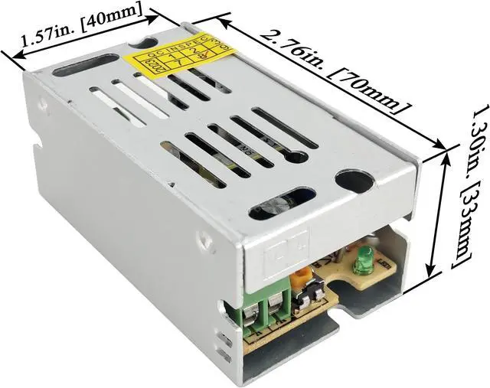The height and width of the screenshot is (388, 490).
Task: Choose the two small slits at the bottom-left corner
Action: (x=223, y=344)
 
